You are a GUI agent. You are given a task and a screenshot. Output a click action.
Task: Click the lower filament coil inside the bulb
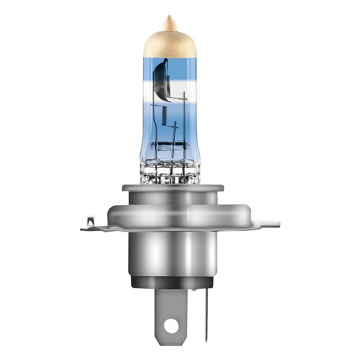(163, 116)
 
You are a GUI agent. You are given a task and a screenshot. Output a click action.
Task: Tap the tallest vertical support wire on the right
(184, 116)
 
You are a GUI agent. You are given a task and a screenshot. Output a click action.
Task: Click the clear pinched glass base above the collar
(170, 172)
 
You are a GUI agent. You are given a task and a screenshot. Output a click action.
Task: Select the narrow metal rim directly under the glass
(172, 188)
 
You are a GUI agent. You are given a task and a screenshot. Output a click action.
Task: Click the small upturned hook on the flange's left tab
(90, 221)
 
